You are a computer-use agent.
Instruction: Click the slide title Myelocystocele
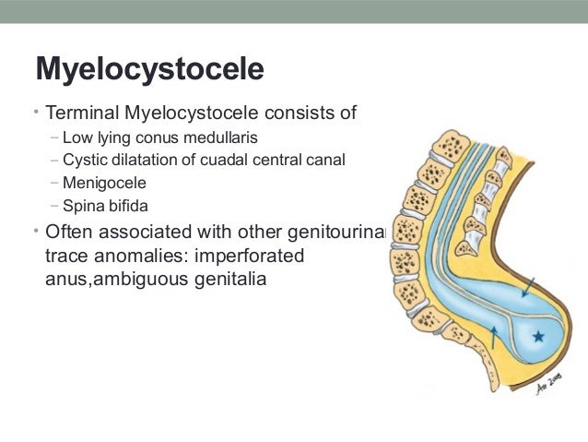coord(148,69)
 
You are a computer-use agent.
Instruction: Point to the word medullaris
coord(222,138)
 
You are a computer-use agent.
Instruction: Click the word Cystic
coord(82,160)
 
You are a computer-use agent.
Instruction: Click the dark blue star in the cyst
coord(537,338)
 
